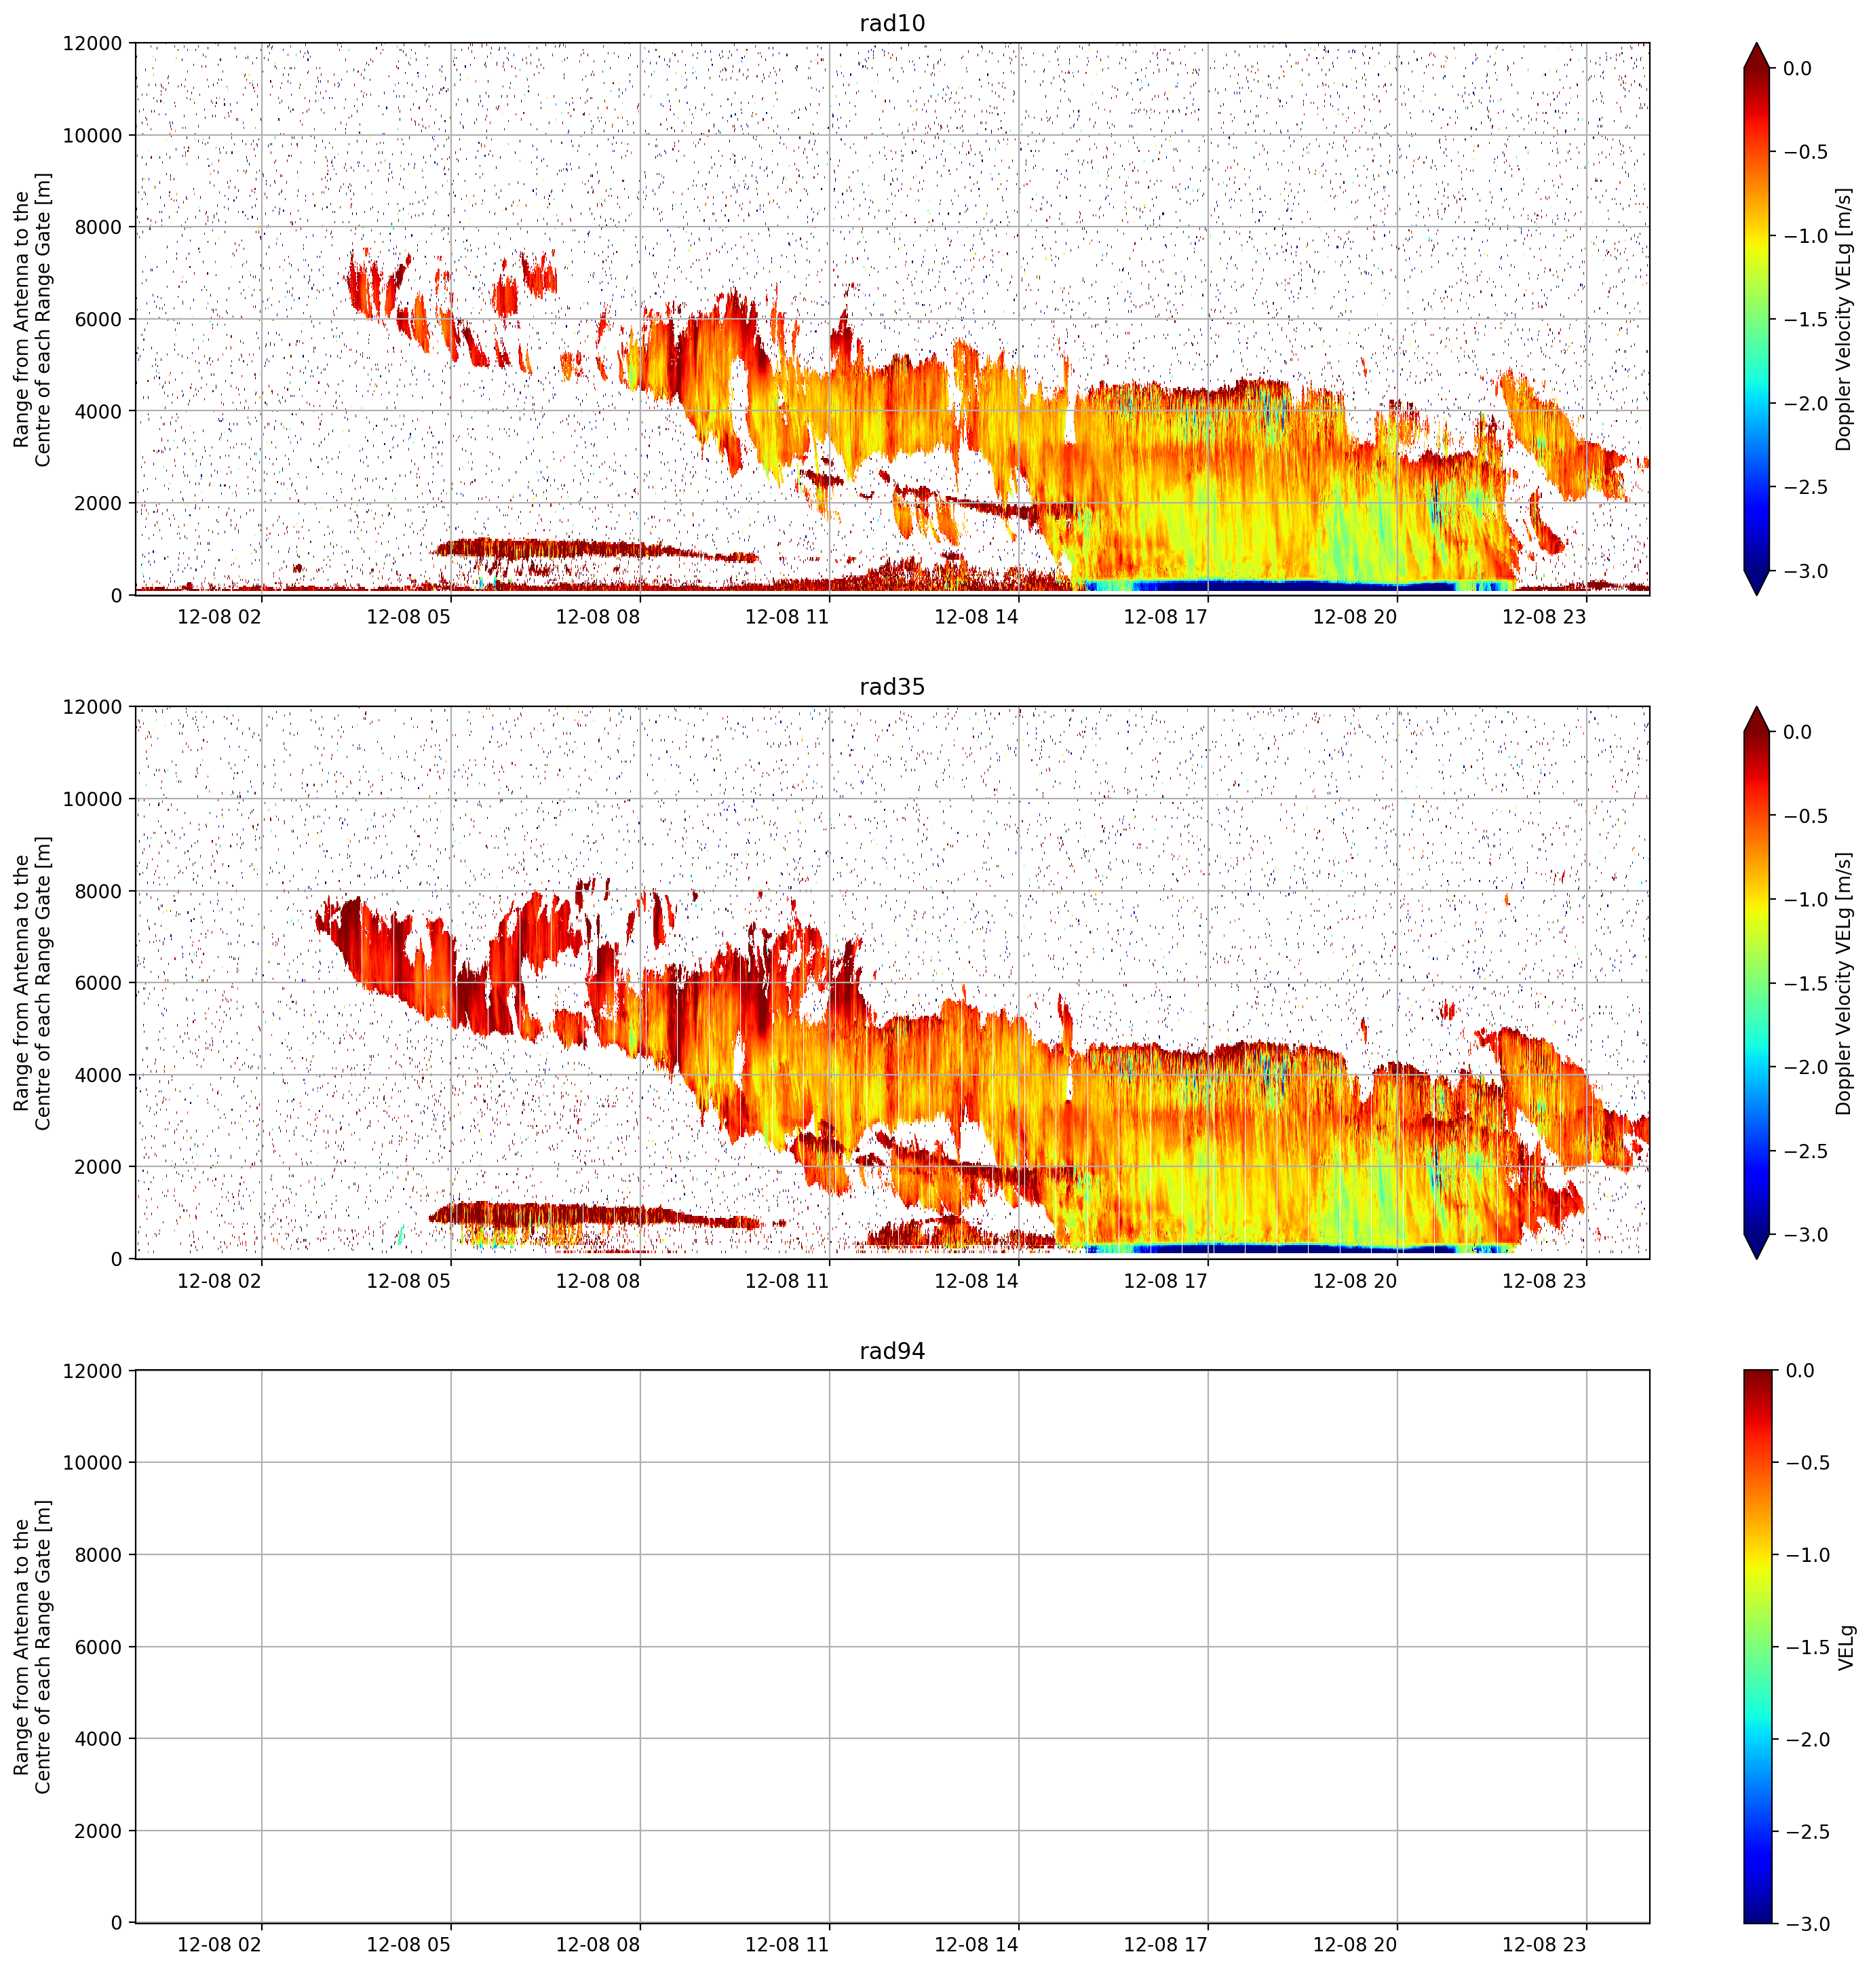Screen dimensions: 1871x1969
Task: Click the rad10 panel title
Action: pyautogui.click(x=891, y=23)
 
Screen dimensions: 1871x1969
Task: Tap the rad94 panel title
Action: pyautogui.click(x=891, y=1351)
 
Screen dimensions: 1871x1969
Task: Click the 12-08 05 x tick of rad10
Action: pyautogui.click(x=409, y=617)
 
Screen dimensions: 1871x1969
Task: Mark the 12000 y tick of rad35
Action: pyautogui.click(x=93, y=707)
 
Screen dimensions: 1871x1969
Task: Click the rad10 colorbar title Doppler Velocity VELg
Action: pyautogui.click(x=1844, y=318)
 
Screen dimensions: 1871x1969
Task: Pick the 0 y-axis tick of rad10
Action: pyautogui.click(x=117, y=596)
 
